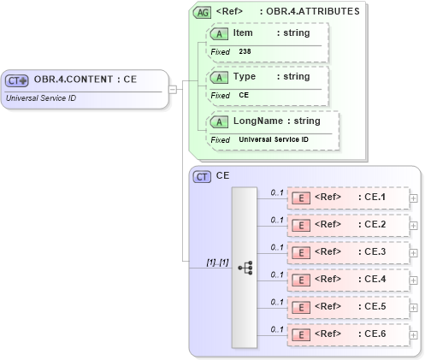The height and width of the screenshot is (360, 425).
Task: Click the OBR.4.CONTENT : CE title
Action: point(86,80)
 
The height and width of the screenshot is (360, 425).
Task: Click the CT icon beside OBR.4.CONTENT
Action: point(18,80)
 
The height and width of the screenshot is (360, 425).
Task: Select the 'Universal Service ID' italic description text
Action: point(40,97)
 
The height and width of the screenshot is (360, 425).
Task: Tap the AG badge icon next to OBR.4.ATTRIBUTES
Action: point(202,12)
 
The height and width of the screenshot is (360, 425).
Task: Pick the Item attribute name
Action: point(243,32)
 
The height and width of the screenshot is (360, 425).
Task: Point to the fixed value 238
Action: point(245,51)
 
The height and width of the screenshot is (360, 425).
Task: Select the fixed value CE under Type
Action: point(244,95)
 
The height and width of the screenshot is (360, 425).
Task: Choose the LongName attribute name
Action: point(257,121)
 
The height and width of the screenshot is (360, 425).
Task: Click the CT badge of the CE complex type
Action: point(203,176)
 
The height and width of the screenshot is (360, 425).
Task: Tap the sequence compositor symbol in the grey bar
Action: point(244,267)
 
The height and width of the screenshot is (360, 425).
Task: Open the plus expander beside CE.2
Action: point(414,226)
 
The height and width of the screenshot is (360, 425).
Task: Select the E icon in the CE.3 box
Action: point(300,252)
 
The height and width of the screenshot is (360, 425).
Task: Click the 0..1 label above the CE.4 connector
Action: point(277,274)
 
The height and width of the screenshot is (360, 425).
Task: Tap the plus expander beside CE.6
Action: point(414,335)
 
